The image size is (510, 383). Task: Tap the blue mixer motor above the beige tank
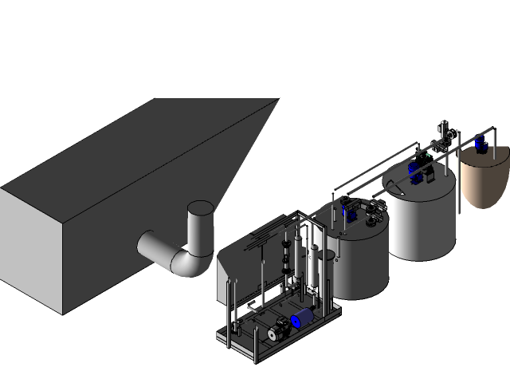(480, 144)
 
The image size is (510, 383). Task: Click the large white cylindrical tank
(421, 219)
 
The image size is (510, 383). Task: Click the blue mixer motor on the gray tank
(347, 213)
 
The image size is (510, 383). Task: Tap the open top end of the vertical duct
(200, 209)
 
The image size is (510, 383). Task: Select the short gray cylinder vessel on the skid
(328, 271)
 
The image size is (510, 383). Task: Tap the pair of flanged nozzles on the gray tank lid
(371, 211)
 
